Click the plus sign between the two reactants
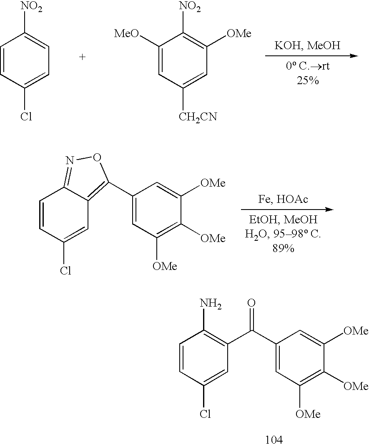(x=82, y=57)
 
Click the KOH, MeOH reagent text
(x=307, y=45)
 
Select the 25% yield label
(x=308, y=81)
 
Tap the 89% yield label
(x=283, y=248)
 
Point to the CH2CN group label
(x=198, y=117)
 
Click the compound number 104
(x=274, y=440)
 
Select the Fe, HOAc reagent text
(x=283, y=199)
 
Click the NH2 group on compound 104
(x=211, y=303)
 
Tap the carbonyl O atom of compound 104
(x=251, y=303)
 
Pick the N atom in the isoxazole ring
(x=70, y=160)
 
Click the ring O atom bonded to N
(x=97, y=157)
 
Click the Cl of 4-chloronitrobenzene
(x=26, y=117)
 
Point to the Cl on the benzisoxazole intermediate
(x=65, y=270)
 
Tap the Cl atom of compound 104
(x=205, y=413)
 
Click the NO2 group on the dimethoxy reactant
(x=190, y=7)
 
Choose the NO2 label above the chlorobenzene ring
(x=32, y=7)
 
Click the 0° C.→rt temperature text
(x=308, y=66)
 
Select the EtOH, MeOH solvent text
(x=283, y=220)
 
